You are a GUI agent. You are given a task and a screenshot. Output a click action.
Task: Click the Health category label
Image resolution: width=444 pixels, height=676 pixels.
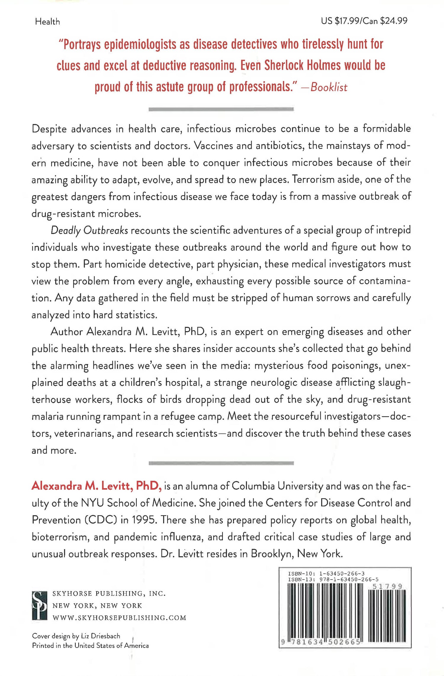[x=47, y=22]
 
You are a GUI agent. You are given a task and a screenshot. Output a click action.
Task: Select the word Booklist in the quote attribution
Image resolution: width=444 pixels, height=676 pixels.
[x=329, y=87]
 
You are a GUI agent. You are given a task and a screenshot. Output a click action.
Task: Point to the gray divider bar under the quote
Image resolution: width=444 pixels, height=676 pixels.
[x=221, y=109]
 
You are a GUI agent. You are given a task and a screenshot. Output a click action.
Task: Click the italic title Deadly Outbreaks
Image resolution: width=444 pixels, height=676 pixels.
[x=89, y=230]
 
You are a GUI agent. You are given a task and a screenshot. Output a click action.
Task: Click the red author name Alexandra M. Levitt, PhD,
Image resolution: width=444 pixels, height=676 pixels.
[x=96, y=486]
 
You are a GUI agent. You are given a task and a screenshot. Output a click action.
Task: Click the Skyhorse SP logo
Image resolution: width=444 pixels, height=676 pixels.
[x=39, y=605]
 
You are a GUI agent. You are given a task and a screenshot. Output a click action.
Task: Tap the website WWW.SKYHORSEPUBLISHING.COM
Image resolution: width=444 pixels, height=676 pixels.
[x=119, y=618]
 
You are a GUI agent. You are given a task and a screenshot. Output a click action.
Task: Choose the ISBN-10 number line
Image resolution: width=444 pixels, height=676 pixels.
[x=326, y=573]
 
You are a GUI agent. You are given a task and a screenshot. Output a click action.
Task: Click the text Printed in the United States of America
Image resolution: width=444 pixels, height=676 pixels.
[x=90, y=646]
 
